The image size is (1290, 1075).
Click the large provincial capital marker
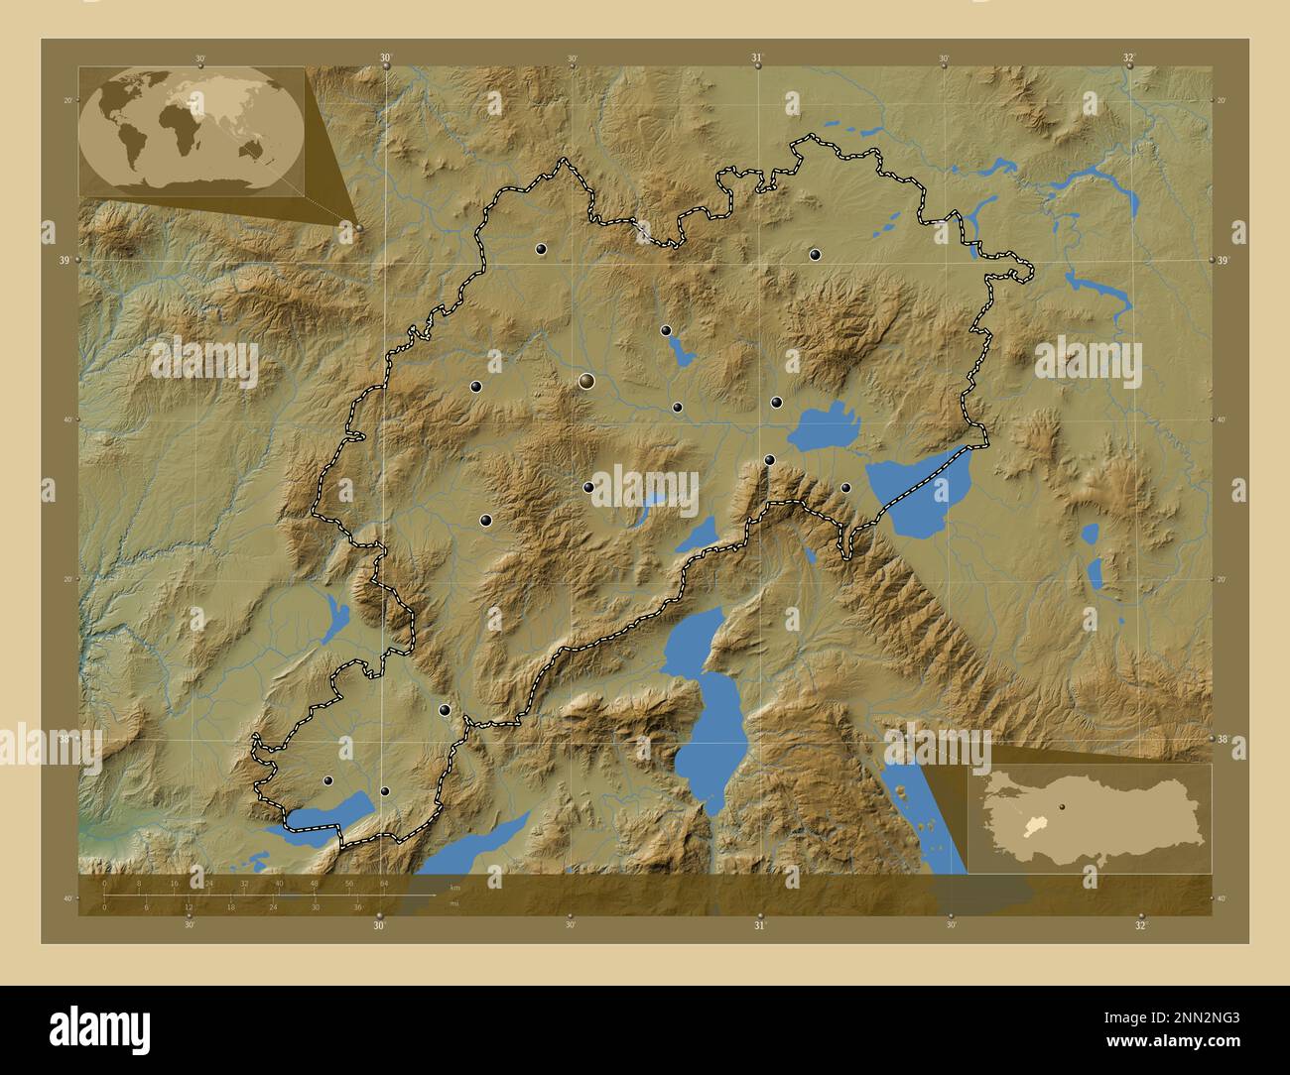(586, 381)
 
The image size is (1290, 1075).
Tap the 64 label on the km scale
(383, 884)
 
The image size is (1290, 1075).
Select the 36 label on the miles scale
(358, 907)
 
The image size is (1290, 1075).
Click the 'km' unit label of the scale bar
(454, 888)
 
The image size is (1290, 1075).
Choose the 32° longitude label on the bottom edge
(1140, 926)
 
